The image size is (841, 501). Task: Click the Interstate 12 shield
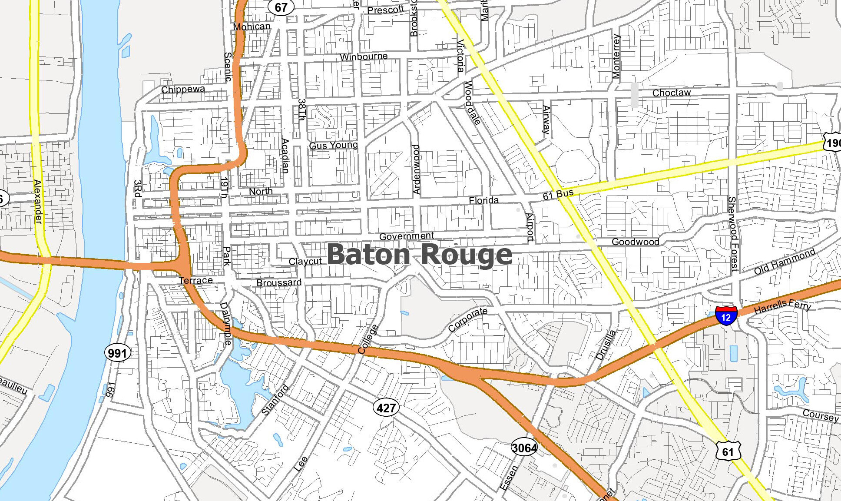point(726,315)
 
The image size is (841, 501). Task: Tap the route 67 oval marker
point(281,7)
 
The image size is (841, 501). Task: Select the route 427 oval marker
point(386,408)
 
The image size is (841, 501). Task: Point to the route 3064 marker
point(524,448)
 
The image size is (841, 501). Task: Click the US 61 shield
point(728,451)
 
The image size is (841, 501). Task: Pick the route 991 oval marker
point(117,353)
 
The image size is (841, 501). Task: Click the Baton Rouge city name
point(419,255)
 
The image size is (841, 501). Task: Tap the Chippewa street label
point(183,90)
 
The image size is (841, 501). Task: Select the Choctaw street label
point(671,93)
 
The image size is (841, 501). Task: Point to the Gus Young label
point(333,145)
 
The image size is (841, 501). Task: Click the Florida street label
point(483,200)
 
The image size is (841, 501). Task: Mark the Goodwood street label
point(635,242)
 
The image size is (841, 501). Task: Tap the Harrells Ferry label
point(782,306)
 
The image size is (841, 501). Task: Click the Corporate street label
point(467,319)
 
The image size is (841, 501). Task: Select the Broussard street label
point(279,283)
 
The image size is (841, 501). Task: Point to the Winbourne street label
point(364,57)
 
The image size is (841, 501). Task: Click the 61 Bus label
point(558,194)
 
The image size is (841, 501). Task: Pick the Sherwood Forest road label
point(733,234)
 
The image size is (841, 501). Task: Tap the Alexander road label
point(38,202)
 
